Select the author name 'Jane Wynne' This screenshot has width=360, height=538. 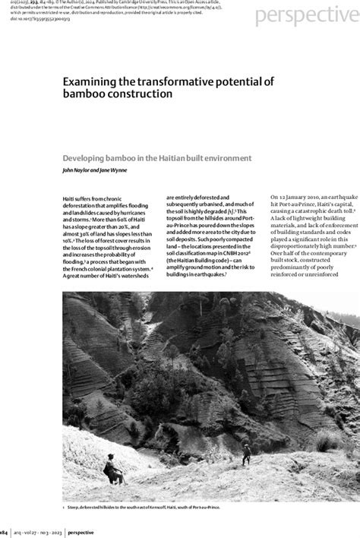112,171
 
